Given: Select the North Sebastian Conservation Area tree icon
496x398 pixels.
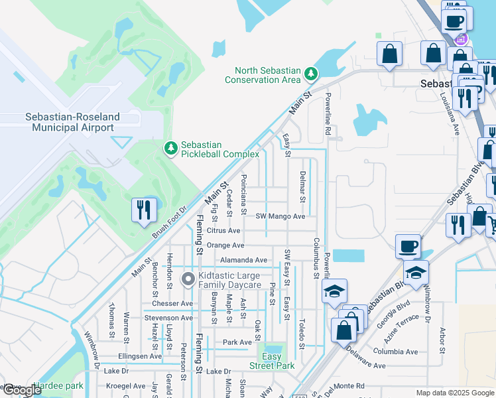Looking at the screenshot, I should point(310,72).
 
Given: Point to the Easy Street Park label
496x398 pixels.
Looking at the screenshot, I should point(272,361).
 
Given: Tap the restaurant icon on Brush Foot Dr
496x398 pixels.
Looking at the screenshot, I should point(144,210).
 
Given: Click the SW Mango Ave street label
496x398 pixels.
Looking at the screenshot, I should point(280,216).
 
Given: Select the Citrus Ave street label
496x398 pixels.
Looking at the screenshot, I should point(223,231).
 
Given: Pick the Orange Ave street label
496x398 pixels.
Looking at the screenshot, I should point(225,245).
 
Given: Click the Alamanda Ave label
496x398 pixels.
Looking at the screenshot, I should point(243,260).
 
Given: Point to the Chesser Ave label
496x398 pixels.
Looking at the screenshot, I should point(171,303).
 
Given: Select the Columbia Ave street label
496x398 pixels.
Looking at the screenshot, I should point(395,352).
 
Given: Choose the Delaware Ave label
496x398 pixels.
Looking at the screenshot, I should point(364,365).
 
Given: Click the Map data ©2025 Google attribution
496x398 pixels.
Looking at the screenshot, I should point(454,393).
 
